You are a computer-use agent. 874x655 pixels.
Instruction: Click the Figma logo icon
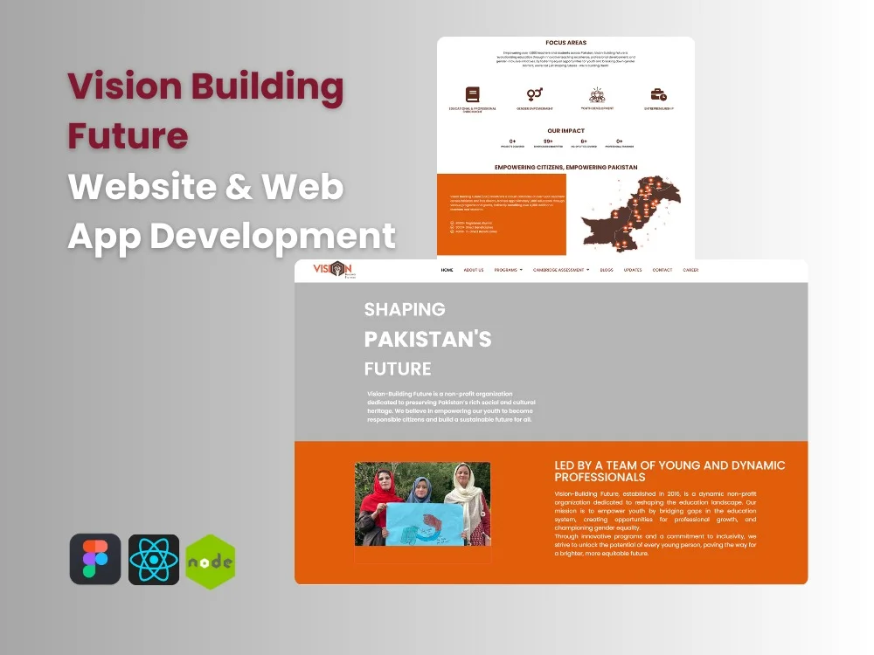95,559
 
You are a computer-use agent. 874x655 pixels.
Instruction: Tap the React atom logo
154,559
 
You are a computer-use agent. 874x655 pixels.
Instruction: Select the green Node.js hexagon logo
211,562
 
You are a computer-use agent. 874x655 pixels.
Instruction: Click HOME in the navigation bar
447,270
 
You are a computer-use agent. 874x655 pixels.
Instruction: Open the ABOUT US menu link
474,270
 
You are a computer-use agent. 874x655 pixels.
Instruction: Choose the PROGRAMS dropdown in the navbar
508,270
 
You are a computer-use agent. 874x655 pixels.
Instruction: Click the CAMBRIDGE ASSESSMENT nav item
561,270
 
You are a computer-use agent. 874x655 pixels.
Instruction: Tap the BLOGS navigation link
607,270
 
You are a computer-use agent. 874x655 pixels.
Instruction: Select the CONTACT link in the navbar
662,270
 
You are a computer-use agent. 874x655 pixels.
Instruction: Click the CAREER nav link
690,270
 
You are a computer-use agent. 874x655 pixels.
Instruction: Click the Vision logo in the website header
333,270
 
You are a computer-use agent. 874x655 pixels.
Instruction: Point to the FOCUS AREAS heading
565,42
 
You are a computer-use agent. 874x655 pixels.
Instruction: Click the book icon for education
473,94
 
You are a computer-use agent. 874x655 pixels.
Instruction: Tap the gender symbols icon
535,93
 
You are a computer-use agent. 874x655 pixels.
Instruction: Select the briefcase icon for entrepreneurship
658,94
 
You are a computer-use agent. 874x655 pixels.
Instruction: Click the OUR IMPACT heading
565,131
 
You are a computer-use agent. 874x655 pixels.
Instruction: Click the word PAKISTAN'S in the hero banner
427,339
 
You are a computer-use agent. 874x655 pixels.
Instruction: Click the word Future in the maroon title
128,135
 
